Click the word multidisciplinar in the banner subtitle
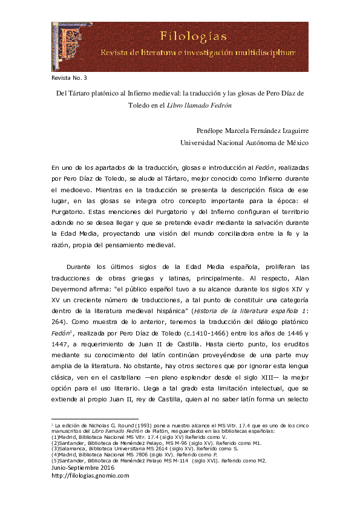266,53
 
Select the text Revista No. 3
70,78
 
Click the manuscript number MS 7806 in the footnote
132,455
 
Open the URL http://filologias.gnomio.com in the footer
90,476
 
